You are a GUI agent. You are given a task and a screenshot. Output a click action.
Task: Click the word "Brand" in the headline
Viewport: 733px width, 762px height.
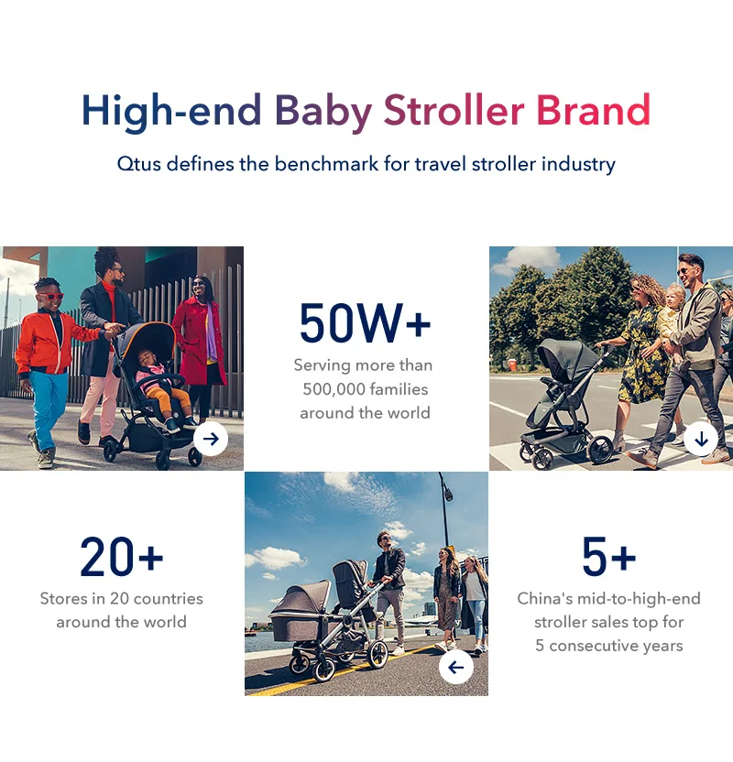[x=593, y=110]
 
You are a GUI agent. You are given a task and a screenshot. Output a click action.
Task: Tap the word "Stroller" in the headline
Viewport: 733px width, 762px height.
[x=454, y=110]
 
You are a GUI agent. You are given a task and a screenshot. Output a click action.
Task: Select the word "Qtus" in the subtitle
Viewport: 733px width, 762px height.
[x=139, y=164]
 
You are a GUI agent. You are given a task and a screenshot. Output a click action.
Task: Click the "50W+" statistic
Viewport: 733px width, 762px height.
[x=365, y=323]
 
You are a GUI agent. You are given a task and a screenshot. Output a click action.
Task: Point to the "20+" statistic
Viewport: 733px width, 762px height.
[x=122, y=557]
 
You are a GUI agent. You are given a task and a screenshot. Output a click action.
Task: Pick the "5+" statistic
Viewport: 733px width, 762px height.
[x=609, y=557]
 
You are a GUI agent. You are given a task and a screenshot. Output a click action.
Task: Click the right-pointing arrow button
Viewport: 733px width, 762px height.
[x=211, y=439]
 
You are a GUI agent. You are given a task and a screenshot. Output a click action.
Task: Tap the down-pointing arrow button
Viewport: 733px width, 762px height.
[x=701, y=439]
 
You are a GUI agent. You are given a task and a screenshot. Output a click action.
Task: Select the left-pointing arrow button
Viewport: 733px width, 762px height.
[x=456, y=668]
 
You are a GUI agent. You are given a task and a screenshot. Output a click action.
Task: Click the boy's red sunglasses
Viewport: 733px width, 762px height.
[x=51, y=296]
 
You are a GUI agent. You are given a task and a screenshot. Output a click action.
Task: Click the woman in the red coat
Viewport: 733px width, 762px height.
[x=200, y=347]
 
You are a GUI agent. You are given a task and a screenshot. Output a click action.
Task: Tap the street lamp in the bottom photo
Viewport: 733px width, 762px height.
[x=444, y=510]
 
